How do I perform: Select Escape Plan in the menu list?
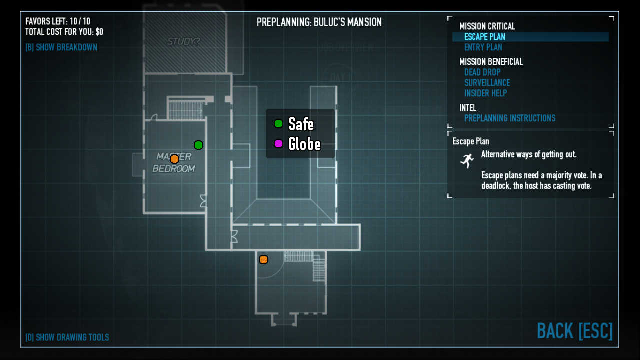(x=484, y=37)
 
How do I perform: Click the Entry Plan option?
(x=483, y=47)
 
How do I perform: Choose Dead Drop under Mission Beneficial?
(x=482, y=72)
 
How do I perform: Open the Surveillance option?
(x=487, y=83)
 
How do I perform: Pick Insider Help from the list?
(x=485, y=93)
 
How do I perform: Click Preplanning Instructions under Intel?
(x=509, y=118)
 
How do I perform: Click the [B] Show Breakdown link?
(x=61, y=47)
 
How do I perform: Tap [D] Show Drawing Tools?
(x=67, y=337)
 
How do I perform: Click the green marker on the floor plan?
(x=198, y=145)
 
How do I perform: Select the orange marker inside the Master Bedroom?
(x=174, y=159)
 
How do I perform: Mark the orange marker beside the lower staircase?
(x=263, y=259)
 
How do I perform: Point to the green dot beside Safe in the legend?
(x=278, y=123)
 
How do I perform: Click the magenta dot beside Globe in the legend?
(x=278, y=144)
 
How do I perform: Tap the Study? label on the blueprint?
(x=183, y=42)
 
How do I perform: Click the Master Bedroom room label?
(x=173, y=163)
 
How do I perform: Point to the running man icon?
(x=467, y=160)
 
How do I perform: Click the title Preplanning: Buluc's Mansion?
(x=319, y=22)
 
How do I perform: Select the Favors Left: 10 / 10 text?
(x=58, y=21)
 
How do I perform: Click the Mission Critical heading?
(x=487, y=26)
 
